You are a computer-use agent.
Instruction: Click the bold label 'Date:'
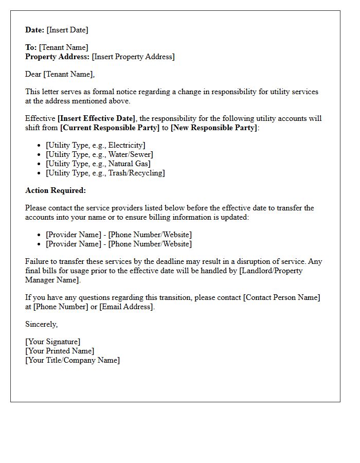(35, 30)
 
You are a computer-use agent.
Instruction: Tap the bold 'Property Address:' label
(58, 57)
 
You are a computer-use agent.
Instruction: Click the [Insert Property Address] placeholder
(133, 57)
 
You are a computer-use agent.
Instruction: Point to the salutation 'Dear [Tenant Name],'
(60, 74)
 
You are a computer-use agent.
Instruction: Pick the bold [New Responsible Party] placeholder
(213, 128)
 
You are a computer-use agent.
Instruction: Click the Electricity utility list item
(96, 145)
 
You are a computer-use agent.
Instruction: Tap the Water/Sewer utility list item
(99, 154)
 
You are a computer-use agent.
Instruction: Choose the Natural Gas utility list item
(98, 164)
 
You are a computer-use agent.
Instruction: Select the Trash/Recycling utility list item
(105, 173)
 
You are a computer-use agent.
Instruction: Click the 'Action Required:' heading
(56, 190)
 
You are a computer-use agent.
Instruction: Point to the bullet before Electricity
(39, 146)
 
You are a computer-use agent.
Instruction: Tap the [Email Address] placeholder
(126, 307)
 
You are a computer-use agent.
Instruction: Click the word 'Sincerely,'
(42, 324)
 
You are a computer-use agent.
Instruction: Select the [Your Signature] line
(53, 342)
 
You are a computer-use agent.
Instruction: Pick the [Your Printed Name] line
(60, 351)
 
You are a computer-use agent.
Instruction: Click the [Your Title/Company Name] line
(73, 360)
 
